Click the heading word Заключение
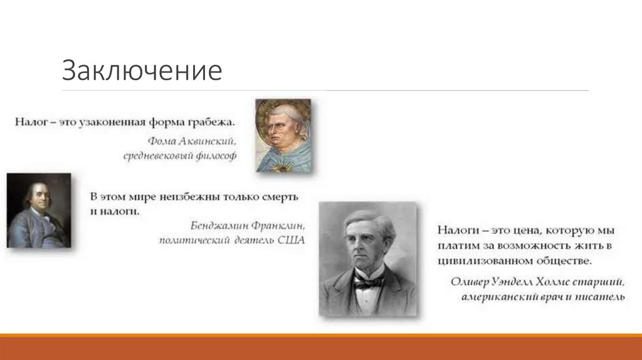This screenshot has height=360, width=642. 142,71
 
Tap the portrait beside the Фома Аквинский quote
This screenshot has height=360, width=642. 283,135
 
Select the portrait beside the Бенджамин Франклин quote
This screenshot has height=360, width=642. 39,211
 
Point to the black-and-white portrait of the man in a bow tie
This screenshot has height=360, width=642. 369,259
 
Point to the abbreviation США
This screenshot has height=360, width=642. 291,240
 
